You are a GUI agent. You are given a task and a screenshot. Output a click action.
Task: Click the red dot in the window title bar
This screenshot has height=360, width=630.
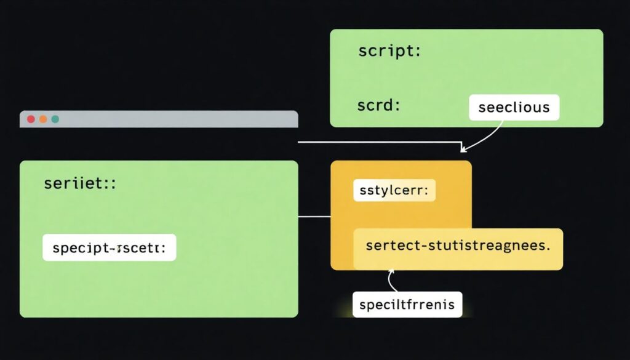[x=31, y=119]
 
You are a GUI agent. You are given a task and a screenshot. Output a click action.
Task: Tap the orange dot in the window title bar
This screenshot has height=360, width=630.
[x=43, y=119]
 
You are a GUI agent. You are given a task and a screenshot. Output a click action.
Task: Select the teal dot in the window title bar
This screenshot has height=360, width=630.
[x=55, y=119]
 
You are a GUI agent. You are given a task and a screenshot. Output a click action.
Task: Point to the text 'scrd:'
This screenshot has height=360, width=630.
[x=378, y=105]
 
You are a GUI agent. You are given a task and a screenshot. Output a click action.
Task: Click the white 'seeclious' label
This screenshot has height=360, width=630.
[x=514, y=107]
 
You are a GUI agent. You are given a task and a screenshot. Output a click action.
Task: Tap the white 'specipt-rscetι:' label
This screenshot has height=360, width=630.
[x=110, y=247]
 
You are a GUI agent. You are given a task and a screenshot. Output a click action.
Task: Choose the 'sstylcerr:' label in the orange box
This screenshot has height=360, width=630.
[x=394, y=191]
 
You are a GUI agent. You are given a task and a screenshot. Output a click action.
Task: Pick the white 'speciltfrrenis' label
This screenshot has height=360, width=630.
[x=407, y=304]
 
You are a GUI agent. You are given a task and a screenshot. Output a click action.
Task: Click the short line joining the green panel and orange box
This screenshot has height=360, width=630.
[x=314, y=217]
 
